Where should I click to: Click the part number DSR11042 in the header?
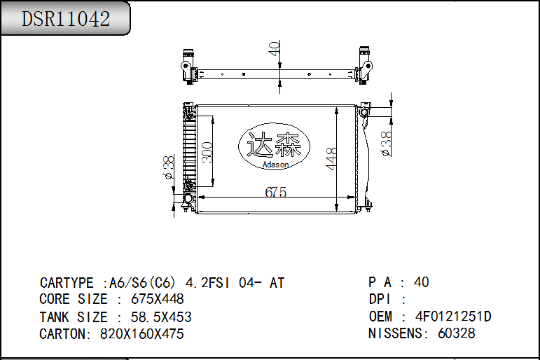pyautogui.click(x=66, y=19)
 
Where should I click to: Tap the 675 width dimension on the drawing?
pyautogui.click(x=276, y=192)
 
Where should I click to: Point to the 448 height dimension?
pyautogui.click(x=331, y=159)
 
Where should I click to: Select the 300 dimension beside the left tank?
pyautogui.click(x=207, y=152)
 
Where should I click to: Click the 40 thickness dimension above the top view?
pyautogui.click(x=274, y=48)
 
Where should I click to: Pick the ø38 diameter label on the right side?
pyautogui.click(x=387, y=144)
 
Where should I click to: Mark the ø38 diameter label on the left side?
pyautogui.click(x=168, y=167)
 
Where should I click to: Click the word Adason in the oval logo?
pyautogui.click(x=275, y=165)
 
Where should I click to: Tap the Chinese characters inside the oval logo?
pyautogui.click(x=274, y=145)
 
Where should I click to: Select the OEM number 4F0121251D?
pyautogui.click(x=453, y=317)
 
